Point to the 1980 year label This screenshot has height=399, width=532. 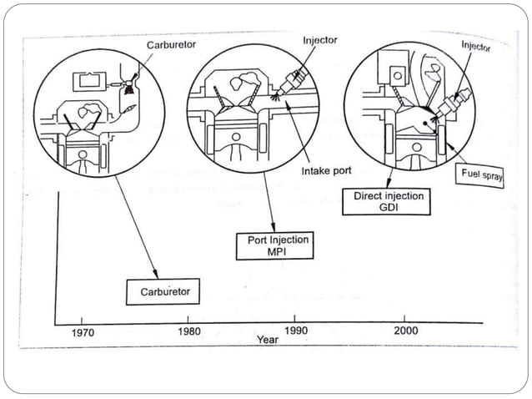pyautogui.click(x=188, y=330)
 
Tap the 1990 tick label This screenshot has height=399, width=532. pyautogui.click(x=296, y=330)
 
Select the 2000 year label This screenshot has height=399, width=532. pyautogui.click(x=404, y=329)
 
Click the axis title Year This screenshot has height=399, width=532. pyautogui.click(x=268, y=340)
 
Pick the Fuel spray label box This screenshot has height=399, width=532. pyautogui.click(x=481, y=176)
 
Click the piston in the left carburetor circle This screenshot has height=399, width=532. pyautogui.click(x=86, y=151)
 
